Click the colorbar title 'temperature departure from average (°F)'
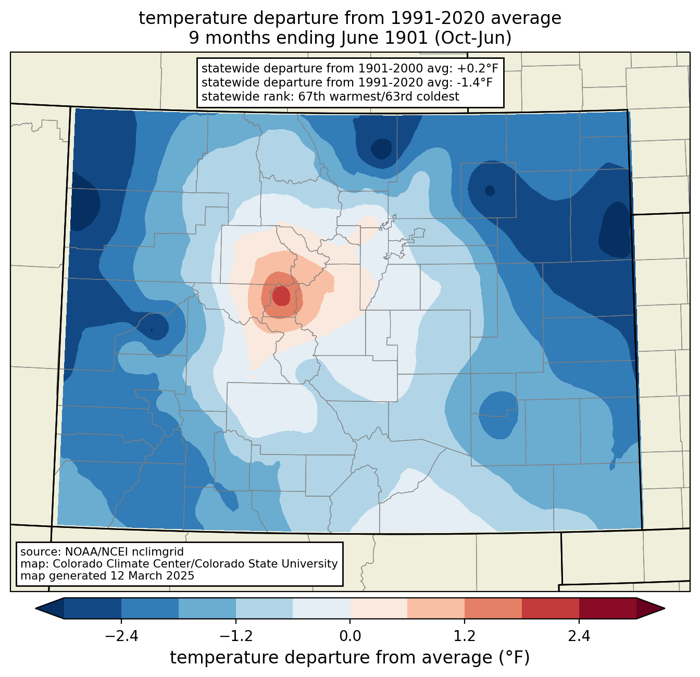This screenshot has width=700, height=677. (350, 657)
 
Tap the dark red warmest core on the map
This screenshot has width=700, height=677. (281, 296)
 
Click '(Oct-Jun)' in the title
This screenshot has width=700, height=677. (473, 38)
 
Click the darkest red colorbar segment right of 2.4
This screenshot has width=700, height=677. (608, 609)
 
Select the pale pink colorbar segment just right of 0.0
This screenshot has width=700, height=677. (379, 609)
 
